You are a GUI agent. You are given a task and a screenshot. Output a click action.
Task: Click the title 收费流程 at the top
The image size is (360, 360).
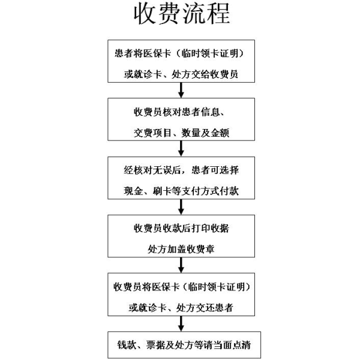tap(182, 14)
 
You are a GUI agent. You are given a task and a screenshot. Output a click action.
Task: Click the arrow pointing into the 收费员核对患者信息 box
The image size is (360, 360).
tap(181, 90)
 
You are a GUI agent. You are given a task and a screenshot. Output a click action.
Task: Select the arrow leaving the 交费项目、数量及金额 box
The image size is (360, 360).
tap(181, 149)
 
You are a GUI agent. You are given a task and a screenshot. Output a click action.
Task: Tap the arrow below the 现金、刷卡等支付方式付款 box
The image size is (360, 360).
tap(181, 207)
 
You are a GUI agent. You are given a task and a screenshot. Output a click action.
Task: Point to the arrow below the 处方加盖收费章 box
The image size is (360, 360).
tap(181, 265)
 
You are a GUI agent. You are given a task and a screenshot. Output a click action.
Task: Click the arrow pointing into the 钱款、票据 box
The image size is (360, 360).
tap(181, 323)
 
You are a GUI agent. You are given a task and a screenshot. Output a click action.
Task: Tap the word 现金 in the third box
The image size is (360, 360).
tap(133, 191)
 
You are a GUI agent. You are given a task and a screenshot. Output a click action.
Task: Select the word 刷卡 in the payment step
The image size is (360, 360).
tap(162, 191)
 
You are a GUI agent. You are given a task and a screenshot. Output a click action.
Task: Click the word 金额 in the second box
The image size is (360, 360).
tap(220, 133)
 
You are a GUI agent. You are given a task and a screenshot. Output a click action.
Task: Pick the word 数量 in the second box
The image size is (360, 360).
tap(191, 133)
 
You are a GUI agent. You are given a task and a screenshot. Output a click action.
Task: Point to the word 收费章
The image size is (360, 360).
tap(200, 250)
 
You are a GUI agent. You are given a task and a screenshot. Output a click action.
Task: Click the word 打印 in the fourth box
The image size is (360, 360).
tap(200, 229)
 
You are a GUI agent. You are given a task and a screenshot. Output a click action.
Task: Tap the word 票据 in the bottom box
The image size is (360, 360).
tap(155, 345)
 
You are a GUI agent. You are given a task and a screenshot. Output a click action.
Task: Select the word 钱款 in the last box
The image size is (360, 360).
tap(127, 345)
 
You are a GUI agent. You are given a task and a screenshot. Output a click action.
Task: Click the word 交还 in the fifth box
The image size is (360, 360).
tap(205, 308)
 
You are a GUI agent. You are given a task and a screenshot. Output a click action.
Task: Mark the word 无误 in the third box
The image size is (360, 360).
tap(162, 170)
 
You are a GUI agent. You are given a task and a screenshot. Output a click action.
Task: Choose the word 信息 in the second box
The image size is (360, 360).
tap(211, 112)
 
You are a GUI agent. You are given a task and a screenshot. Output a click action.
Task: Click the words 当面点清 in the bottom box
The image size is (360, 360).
tap(232, 345)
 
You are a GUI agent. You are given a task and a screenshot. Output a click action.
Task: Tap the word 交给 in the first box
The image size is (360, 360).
tap(200, 74)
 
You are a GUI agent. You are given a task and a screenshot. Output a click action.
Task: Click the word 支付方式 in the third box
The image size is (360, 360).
tap(200, 191)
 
